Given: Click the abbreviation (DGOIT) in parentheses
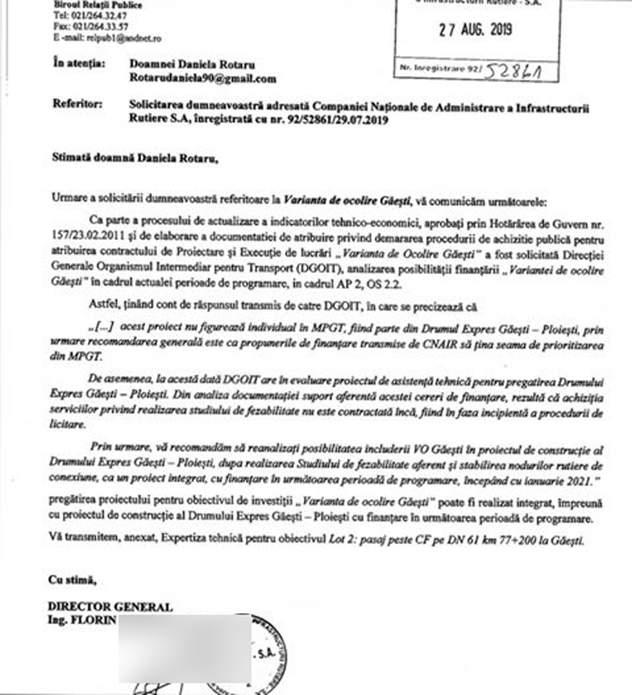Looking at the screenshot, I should (311, 265).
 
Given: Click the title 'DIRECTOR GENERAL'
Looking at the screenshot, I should (110, 607).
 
